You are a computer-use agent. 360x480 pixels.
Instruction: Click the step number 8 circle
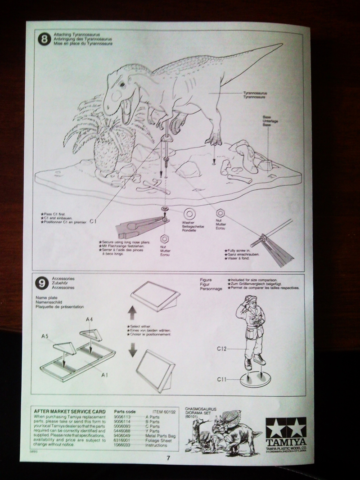(44, 39)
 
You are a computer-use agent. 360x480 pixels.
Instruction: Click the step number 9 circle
(42, 283)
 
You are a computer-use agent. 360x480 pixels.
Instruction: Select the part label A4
(90, 319)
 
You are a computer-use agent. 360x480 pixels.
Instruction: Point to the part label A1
(105, 374)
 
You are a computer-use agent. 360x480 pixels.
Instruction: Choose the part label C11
(221, 379)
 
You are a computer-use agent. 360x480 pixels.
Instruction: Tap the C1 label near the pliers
(94, 221)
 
